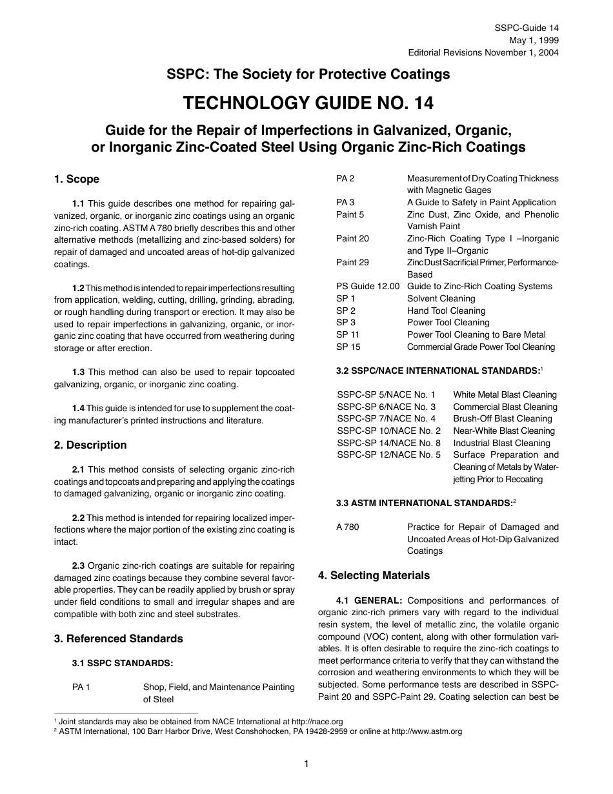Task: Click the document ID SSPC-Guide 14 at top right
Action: (527, 28)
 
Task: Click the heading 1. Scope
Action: (77, 179)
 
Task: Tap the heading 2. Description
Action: (90, 445)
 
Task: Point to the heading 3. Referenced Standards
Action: (119, 638)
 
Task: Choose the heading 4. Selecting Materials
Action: (374, 575)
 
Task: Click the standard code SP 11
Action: (348, 334)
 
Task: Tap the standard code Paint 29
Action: (353, 262)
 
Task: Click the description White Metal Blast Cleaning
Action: (505, 394)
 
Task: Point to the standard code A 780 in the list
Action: (348, 527)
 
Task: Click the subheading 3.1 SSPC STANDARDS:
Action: (122, 663)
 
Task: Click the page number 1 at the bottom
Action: (306, 764)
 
